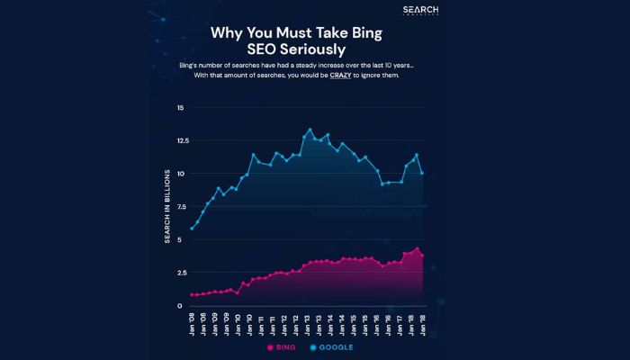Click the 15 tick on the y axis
(x=180, y=108)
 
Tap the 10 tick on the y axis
(x=180, y=174)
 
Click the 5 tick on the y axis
(x=181, y=240)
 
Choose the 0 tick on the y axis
(x=181, y=306)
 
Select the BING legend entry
(x=283, y=346)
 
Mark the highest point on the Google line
(x=310, y=130)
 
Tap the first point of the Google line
(x=193, y=229)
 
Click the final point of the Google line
(x=422, y=173)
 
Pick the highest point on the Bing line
(x=417, y=248)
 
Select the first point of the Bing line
(x=193, y=294)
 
